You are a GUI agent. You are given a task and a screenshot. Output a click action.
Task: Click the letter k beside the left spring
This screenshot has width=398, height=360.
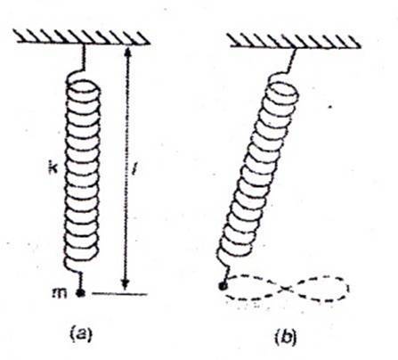(53, 168)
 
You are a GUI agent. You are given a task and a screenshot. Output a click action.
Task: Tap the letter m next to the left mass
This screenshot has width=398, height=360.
(60, 293)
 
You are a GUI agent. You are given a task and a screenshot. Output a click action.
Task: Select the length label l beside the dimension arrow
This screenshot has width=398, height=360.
(134, 169)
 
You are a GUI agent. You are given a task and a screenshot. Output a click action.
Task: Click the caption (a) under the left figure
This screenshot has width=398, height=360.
(81, 335)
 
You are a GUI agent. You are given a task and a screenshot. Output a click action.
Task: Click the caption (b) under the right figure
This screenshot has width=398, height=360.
(286, 337)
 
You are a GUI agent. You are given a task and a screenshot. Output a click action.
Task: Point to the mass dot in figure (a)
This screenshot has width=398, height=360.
(80, 293)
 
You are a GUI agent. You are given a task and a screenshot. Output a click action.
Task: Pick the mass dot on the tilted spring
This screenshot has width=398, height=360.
(223, 286)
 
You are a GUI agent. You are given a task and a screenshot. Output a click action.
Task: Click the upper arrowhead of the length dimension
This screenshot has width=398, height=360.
(127, 53)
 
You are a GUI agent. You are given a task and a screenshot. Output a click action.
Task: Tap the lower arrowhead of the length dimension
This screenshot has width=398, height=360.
(126, 284)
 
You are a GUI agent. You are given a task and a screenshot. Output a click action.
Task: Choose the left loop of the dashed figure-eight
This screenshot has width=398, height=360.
(255, 287)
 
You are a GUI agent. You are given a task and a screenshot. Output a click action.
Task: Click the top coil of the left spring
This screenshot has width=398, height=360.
(83, 88)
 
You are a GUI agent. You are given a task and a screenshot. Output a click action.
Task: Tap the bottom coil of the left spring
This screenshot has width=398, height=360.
(81, 252)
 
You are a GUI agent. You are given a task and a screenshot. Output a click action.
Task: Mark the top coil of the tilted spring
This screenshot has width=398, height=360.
(281, 92)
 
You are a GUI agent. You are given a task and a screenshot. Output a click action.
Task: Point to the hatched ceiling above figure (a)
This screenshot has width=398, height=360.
(82, 37)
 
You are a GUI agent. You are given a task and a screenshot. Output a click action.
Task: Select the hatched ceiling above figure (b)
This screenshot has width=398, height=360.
(295, 41)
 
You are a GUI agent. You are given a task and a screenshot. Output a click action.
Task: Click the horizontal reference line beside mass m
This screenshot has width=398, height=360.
(119, 294)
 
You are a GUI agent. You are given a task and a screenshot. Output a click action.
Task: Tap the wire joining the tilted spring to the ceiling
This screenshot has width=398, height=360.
(292, 61)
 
